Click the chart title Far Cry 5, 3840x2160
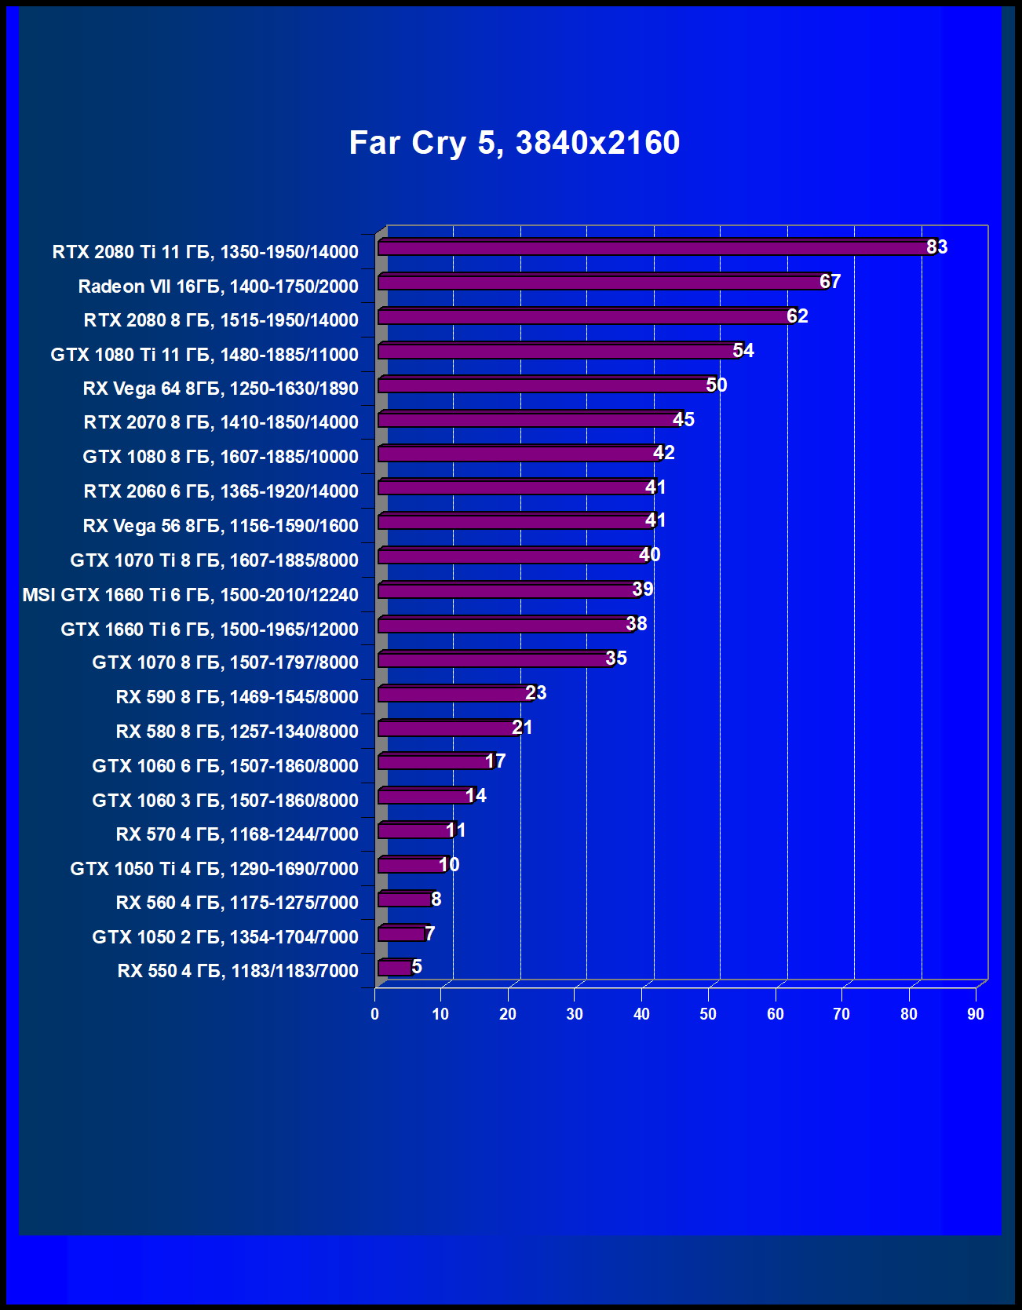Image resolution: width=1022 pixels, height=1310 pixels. tap(514, 143)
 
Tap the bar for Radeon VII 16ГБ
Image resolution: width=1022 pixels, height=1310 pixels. tap(600, 283)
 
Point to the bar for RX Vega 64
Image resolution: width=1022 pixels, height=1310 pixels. tap(544, 385)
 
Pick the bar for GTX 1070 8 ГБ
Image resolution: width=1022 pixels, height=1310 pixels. tap(494, 660)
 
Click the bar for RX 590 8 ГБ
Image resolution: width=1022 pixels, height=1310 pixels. tap(454, 695)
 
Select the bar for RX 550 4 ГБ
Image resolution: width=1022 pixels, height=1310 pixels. tap(395, 969)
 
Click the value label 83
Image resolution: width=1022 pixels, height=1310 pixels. tap(936, 247)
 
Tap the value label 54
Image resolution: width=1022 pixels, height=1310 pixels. tap(743, 351)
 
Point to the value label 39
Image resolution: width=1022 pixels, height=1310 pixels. tap(642, 589)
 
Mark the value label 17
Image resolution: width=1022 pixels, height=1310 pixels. tap(495, 761)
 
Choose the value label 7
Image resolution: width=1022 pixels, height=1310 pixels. tap(429, 933)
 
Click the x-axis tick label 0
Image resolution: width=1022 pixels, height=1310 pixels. tap(374, 1014)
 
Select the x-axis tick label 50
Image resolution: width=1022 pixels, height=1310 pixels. tap(708, 1014)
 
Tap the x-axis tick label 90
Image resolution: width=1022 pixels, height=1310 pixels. tap(975, 1014)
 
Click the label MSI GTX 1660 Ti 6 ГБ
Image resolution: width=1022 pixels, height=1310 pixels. tap(190, 595)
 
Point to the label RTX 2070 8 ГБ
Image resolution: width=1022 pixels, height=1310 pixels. tap(221, 422)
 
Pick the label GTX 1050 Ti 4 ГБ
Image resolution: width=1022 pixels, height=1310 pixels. tap(214, 869)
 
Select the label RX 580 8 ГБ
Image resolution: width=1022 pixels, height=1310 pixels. tap(236, 732)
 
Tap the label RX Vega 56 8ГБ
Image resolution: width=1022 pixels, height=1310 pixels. tap(220, 526)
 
